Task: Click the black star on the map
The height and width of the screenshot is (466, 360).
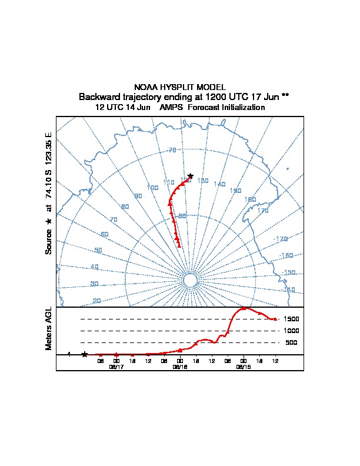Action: [x=190, y=176]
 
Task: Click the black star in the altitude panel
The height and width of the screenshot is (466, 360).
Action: [x=85, y=354]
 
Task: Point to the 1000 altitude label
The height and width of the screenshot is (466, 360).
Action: [x=292, y=331]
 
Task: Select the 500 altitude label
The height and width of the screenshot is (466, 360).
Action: [x=291, y=342]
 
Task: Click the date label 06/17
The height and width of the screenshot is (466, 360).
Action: [x=116, y=367]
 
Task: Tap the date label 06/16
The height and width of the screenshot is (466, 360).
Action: [x=179, y=367]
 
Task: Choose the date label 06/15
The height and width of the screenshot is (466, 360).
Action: [x=243, y=367]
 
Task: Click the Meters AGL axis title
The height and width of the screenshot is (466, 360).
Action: [x=49, y=328]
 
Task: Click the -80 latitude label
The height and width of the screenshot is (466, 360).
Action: [x=182, y=216]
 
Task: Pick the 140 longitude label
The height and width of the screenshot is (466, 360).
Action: [x=219, y=185]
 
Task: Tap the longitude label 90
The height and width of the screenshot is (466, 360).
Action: [x=138, y=196]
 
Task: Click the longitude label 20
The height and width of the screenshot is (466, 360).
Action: [x=96, y=301]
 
